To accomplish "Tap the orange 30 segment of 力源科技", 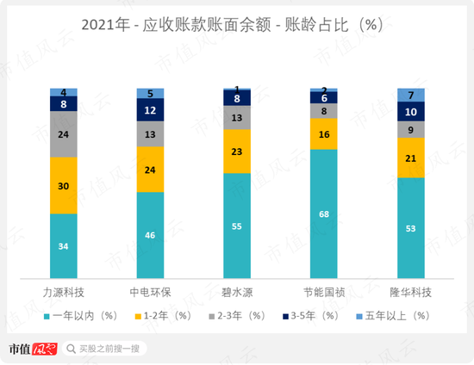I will pos(64,185).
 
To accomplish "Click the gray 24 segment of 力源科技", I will pos(64,135).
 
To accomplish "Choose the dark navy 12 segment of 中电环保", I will pos(151,109).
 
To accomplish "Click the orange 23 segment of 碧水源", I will pos(237,151).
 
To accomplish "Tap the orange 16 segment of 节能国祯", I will pos(324,134).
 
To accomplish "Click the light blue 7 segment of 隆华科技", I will pos(411,95).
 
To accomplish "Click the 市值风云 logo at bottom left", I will pos(31,349).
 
